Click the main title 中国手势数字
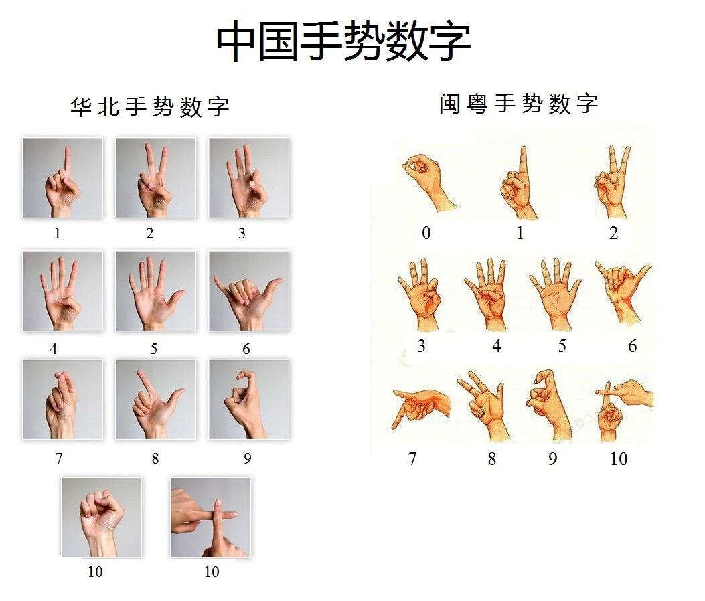click(343, 41)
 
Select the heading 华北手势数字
click(150, 107)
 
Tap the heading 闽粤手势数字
click(519, 104)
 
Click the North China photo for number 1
click(62, 178)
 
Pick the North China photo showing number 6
click(248, 291)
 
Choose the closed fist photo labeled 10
click(101, 517)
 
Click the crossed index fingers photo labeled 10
click(210, 517)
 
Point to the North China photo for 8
click(155, 400)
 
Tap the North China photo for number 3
click(248, 178)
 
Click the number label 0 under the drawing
click(426, 234)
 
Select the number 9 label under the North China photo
click(248, 459)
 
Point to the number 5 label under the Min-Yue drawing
click(562, 346)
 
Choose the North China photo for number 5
click(155, 291)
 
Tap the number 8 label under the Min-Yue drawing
click(492, 459)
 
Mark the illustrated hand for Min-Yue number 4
click(489, 294)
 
